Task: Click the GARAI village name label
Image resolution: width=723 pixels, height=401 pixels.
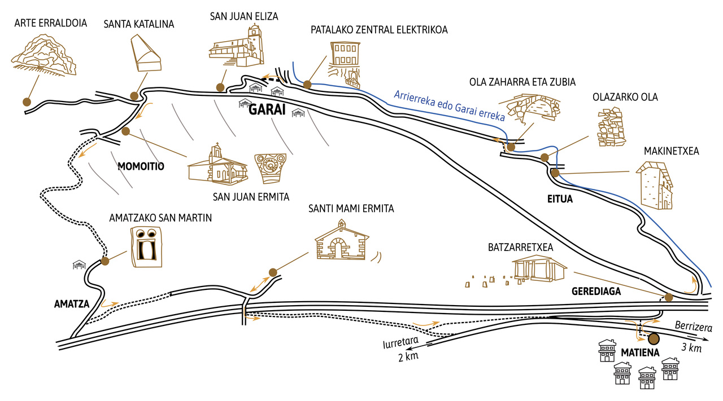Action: point(267,110)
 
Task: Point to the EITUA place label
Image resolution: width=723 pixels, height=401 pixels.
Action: point(560,199)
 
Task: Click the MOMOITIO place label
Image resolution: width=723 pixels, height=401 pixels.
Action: point(141,167)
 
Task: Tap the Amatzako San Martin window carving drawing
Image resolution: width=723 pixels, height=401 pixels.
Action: point(146,246)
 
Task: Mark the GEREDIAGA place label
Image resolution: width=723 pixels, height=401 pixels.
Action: point(596,292)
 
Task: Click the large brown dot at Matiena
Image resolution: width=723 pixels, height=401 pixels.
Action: point(654,339)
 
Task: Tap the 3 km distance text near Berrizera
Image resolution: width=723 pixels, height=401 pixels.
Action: point(691,347)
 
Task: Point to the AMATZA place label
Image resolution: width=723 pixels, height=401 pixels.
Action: point(72,303)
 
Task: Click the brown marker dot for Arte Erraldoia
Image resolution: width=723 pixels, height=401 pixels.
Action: point(26,102)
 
